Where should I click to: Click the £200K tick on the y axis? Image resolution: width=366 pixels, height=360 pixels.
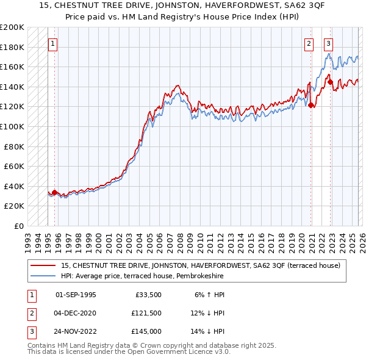click(x=12, y=27)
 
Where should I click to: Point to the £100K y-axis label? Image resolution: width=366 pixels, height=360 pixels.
click(x=12, y=126)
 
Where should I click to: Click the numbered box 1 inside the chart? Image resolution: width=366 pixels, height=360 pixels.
click(x=52, y=43)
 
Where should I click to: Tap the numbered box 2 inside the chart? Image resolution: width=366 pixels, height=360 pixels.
click(x=309, y=43)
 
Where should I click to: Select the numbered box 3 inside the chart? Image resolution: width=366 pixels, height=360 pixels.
click(x=329, y=43)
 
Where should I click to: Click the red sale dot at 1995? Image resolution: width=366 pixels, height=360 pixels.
click(x=54, y=193)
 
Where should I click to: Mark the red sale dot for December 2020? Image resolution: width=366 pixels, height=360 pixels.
click(x=311, y=106)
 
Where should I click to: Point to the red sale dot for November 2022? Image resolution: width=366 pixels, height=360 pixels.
click(x=331, y=82)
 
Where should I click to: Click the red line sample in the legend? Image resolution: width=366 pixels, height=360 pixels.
click(x=45, y=265)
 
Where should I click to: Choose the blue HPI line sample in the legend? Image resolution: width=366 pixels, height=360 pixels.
click(x=45, y=276)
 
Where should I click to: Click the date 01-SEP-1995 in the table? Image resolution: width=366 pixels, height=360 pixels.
click(x=76, y=295)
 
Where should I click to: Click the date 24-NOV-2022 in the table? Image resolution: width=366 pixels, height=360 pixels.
click(x=76, y=331)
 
